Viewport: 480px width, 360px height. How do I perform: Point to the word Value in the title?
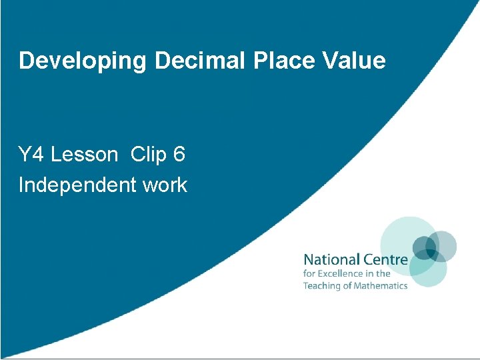(354, 61)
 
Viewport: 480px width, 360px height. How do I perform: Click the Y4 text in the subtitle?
(31, 155)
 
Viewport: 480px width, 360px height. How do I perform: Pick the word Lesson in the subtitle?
(84, 155)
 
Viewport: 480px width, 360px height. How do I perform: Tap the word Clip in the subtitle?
(149, 155)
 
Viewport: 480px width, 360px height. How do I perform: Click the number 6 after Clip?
(179, 155)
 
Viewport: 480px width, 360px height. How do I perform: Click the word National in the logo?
(329, 259)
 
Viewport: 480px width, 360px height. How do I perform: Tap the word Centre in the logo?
(383, 259)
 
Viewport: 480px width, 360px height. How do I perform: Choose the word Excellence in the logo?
(340, 273)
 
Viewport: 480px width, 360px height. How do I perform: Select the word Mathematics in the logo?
(381, 285)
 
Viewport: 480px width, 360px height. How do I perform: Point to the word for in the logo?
(309, 273)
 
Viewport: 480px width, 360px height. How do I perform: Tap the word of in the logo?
(347, 285)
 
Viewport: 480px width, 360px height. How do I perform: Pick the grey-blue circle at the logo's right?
(443, 246)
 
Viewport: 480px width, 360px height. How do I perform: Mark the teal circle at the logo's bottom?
(427, 269)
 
